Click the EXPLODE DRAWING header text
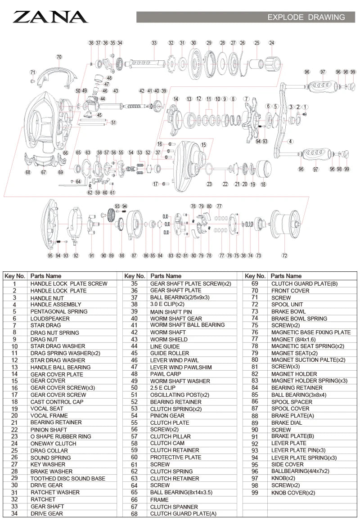click(x=306, y=18)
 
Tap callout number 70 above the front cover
click(x=59, y=57)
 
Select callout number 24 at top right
click(x=271, y=43)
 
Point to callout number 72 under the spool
click(x=284, y=256)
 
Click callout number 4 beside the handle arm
click(x=291, y=141)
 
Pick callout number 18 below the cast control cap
click(x=263, y=184)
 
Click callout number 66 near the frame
click(x=65, y=153)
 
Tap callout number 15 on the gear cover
click(x=203, y=145)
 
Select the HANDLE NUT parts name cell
click(x=47, y=298)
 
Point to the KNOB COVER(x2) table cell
click(x=293, y=493)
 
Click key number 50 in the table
click(x=134, y=388)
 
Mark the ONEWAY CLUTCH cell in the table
click(x=54, y=443)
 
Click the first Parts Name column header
click(x=45, y=276)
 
